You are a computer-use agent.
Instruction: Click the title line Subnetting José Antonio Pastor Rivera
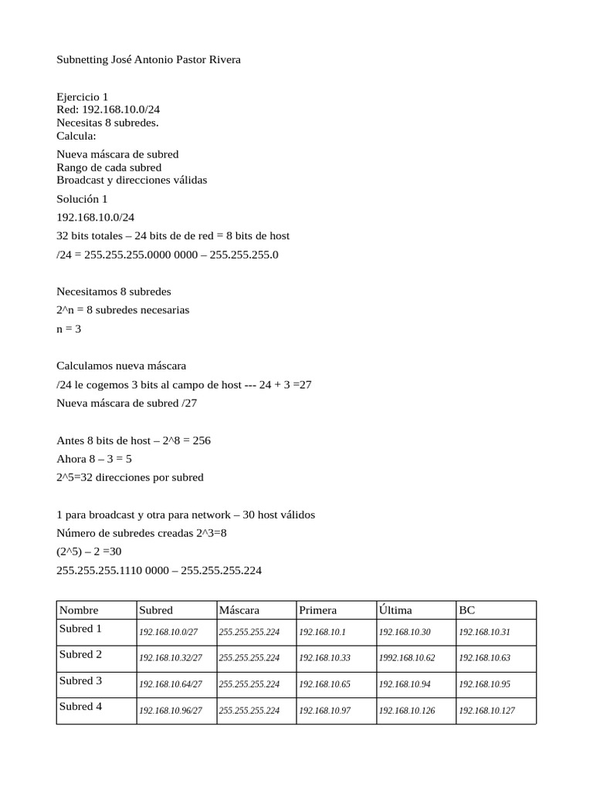pos(149,59)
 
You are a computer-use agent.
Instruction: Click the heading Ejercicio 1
pos(83,97)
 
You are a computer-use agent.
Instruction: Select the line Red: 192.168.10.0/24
pos(108,110)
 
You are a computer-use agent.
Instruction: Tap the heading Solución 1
pos(83,199)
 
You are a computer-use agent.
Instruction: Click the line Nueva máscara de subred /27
pos(127,403)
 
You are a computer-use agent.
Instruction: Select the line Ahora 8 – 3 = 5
pos(94,458)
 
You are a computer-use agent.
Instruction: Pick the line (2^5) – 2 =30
pos(89,552)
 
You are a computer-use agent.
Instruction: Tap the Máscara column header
pos(239,610)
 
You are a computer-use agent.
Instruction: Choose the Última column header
pos(395,610)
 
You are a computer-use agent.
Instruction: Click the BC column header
pos(467,610)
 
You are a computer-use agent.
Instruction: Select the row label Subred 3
pos(81,680)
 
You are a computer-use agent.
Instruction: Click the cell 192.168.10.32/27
pos(171,658)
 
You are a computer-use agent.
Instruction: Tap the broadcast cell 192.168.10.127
pos(486,711)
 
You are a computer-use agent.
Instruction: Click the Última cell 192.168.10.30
pos(405,632)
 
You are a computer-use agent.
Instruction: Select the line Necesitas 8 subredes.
pos(107,123)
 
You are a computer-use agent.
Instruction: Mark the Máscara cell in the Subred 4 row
pos(249,711)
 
